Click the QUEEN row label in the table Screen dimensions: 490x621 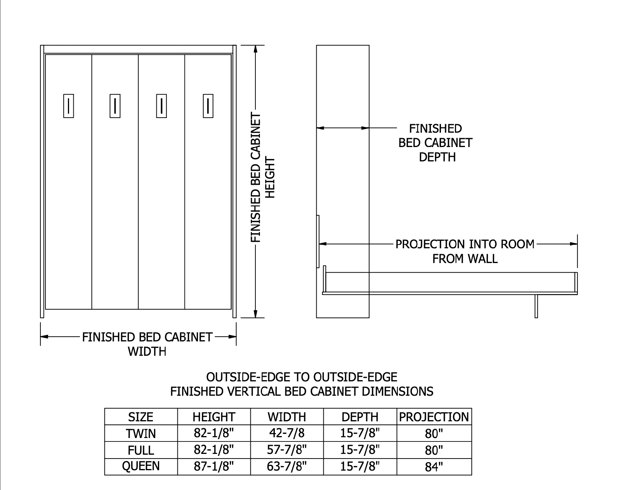141,466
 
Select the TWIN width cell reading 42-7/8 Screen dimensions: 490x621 287,433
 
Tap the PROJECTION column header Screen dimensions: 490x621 434,417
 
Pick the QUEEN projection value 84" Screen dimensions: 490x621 434,467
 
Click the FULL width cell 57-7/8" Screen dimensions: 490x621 287,450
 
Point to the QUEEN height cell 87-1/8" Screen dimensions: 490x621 214,466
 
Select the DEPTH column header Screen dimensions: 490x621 360,417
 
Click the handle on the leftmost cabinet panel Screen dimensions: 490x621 68,106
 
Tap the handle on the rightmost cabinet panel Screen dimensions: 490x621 208,106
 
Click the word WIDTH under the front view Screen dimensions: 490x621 147,352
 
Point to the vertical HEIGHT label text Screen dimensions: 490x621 269,178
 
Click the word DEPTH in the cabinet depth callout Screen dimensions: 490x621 437,157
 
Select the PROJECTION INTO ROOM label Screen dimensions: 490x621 465,244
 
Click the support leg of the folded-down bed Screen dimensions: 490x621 536,306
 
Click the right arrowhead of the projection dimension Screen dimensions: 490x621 574,244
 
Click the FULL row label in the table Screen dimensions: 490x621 141,450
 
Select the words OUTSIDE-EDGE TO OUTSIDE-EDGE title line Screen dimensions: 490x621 302,377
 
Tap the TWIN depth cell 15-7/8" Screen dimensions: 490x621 360,433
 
